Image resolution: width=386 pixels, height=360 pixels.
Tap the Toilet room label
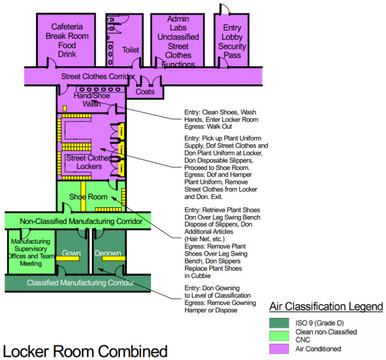click(x=130, y=50)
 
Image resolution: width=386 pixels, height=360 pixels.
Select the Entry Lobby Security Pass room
click(x=232, y=42)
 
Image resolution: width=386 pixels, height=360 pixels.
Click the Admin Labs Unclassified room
click(x=178, y=42)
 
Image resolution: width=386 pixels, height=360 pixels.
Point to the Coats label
click(x=145, y=92)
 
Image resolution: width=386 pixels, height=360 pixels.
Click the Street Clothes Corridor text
click(x=98, y=77)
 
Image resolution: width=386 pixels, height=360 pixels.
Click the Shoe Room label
click(x=88, y=197)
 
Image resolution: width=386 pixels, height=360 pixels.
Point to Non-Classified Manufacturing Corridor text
click(x=81, y=222)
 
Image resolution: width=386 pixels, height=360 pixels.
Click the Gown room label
click(x=71, y=254)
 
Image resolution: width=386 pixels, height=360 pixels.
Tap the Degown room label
click(x=108, y=254)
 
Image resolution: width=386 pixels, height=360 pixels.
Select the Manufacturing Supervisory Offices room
click(x=31, y=252)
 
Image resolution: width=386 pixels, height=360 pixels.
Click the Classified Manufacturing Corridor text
click(x=80, y=283)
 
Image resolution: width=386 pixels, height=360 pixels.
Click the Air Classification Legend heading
click(x=326, y=306)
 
